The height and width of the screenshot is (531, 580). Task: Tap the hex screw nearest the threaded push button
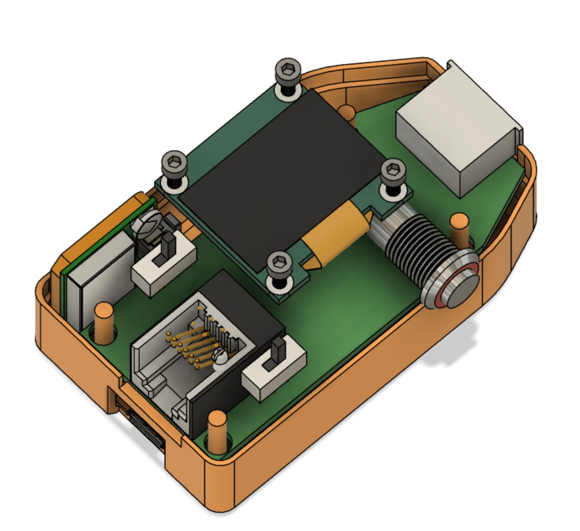tap(393, 171)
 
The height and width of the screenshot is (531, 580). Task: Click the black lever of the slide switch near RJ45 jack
tap(278, 351)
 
